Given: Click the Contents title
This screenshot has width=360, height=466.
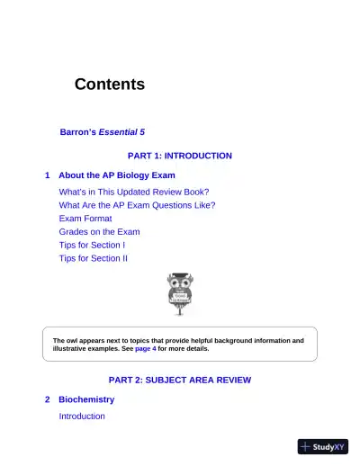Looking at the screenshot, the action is click(109, 85).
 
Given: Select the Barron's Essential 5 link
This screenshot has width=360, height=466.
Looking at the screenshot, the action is click(94, 131).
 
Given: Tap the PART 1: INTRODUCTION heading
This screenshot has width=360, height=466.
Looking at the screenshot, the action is click(180, 156).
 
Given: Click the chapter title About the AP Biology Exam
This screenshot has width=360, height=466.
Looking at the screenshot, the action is click(116, 175).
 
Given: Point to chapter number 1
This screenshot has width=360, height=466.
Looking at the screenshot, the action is click(47, 175).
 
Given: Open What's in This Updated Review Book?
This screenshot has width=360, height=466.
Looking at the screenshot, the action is click(134, 192).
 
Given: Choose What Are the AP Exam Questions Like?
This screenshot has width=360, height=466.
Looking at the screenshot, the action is click(137, 205).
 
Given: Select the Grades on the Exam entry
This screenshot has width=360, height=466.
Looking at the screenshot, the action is click(99, 231).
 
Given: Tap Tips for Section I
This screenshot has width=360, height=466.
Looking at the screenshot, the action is click(92, 245).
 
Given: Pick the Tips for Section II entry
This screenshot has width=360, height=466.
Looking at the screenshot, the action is click(94, 258).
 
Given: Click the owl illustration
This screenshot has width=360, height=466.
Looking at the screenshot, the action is click(180, 294).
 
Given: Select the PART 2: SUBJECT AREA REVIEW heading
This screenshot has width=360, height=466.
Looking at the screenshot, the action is click(180, 380).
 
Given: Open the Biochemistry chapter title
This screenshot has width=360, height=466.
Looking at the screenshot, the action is click(86, 399).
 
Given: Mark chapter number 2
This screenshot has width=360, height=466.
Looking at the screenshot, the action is click(47, 399).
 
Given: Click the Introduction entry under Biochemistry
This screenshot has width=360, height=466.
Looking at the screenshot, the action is click(82, 417).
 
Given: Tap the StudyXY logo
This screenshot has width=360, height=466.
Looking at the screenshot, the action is click(323, 446).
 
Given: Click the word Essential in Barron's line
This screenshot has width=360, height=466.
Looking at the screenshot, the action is click(114, 131).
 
